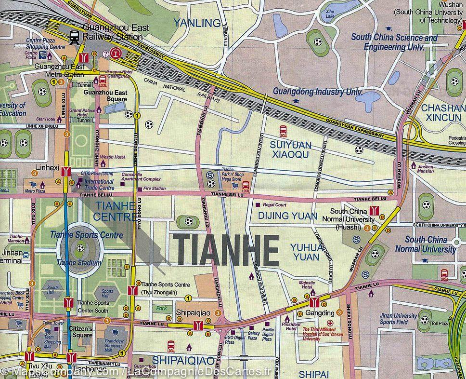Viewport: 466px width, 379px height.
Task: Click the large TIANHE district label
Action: [x=226, y=250]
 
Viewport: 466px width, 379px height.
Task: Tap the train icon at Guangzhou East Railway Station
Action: [x=75, y=37]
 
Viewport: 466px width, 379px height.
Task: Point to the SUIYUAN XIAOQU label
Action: [x=291, y=149]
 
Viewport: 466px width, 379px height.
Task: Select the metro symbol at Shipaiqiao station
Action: [x=197, y=325]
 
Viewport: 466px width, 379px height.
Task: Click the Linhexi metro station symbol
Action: [x=66, y=171]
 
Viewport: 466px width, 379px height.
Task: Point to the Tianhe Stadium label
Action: [x=78, y=263]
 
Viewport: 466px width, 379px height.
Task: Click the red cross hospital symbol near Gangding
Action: [x=330, y=323]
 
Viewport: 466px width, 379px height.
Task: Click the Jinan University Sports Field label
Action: [x=398, y=319]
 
